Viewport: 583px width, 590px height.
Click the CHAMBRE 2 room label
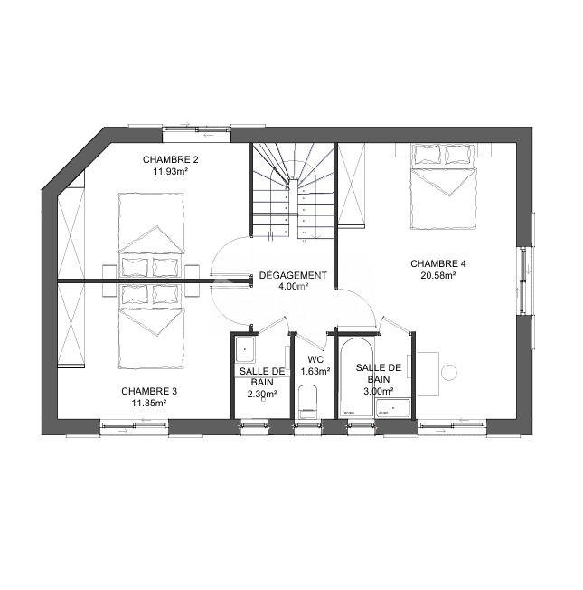(x=170, y=159)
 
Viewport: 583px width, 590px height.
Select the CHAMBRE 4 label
(x=437, y=264)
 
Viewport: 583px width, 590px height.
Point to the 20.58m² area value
(x=437, y=276)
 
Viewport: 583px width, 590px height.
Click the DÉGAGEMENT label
(x=292, y=275)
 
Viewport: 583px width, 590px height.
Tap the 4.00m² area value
(x=292, y=287)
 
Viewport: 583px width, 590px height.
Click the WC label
(x=315, y=359)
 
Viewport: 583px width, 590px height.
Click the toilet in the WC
(x=308, y=401)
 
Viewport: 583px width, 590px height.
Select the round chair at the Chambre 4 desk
(x=448, y=372)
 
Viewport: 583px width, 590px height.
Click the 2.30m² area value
(x=263, y=394)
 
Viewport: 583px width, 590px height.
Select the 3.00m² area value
(x=378, y=392)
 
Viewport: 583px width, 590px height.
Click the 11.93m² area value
(x=170, y=171)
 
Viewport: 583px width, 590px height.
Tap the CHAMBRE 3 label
(x=149, y=391)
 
